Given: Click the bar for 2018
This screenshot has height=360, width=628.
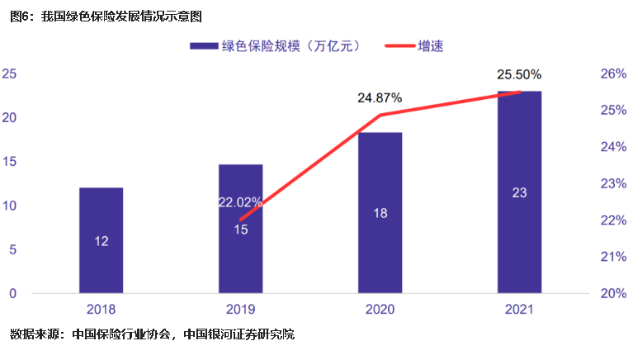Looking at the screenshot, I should pyautogui.click(x=101, y=239).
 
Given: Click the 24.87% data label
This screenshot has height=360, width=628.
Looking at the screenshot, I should pyautogui.click(x=380, y=97).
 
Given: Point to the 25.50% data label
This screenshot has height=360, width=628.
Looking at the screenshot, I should pyautogui.click(x=519, y=75).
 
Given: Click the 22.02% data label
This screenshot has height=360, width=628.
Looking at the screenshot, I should pyautogui.click(x=240, y=201).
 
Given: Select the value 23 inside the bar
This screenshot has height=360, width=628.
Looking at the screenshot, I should pyautogui.click(x=519, y=193).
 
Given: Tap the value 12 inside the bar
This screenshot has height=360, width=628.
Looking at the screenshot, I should pyautogui.click(x=101, y=241).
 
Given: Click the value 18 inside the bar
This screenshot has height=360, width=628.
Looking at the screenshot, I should pyautogui.click(x=380, y=213).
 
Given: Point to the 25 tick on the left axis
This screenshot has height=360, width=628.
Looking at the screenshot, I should pyautogui.click(x=10, y=74).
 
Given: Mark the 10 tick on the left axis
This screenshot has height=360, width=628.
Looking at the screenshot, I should pyautogui.click(x=10, y=206).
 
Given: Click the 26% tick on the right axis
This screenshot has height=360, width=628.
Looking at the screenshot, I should pyautogui.click(x=612, y=74).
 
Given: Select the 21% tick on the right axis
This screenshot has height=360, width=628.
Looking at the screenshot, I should pyautogui.click(x=612, y=257).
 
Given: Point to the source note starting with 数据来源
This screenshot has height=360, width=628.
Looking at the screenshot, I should pyautogui.click(x=152, y=334).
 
